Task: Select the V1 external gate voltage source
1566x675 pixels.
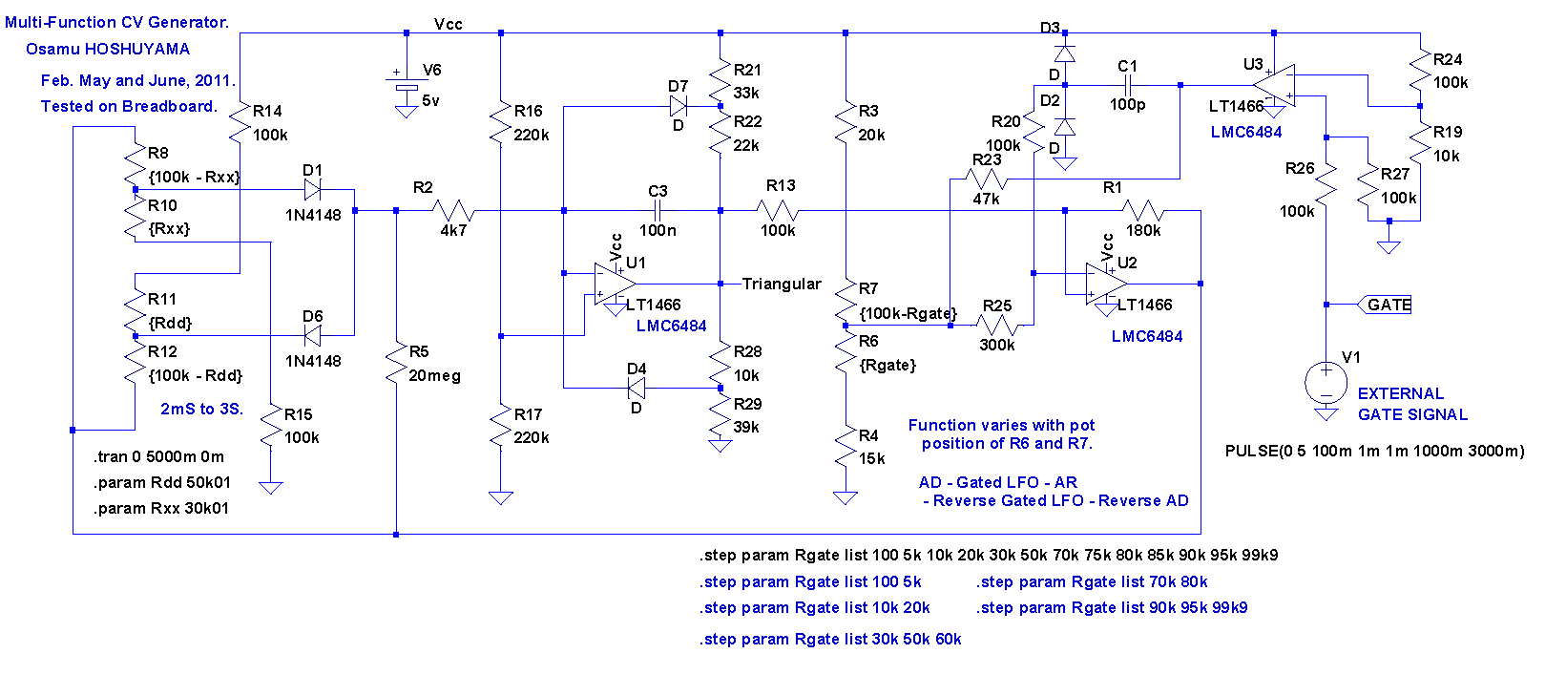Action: click(1326, 383)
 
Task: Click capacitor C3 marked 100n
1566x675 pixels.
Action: click(658, 210)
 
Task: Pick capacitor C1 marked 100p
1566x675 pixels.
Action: click(1127, 85)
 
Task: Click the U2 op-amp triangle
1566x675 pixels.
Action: click(1106, 284)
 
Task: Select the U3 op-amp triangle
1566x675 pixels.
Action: click(1274, 85)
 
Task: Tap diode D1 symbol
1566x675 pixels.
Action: click(312, 190)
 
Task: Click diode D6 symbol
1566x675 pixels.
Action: click(312, 336)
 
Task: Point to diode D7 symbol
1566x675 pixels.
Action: click(679, 106)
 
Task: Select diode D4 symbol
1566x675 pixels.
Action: click(637, 389)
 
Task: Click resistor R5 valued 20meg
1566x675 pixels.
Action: click(396, 363)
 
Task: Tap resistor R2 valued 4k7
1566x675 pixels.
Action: click(453, 210)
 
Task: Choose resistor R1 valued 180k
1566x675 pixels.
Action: click(1142, 210)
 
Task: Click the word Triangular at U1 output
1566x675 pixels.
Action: click(781, 284)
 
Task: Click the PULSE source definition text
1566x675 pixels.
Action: click(1374, 452)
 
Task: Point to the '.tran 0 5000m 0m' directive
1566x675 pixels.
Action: click(158, 456)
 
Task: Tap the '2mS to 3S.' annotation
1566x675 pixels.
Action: click(202, 409)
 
